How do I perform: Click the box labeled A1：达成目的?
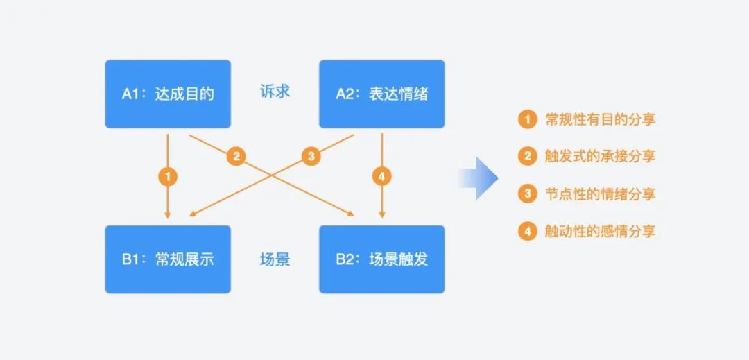(167, 94)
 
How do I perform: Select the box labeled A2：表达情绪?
(381, 94)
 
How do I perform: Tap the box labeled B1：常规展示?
(167, 259)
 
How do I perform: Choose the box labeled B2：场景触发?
(381, 259)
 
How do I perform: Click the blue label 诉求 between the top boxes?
(275, 92)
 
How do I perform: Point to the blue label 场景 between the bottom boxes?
(275, 260)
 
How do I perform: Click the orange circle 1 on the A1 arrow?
(167, 176)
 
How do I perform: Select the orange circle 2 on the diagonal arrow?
(236, 156)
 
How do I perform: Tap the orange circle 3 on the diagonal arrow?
(311, 156)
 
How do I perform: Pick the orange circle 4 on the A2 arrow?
(381, 176)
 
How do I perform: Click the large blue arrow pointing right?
(478, 178)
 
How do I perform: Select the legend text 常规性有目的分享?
(600, 119)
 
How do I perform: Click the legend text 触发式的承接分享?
(600, 156)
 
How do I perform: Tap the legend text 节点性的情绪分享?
(600, 194)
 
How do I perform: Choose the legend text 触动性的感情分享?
(600, 231)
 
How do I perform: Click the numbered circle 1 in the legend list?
(528, 119)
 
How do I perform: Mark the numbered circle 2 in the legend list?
(528, 156)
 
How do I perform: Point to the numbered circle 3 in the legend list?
(528, 194)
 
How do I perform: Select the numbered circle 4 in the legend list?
(528, 231)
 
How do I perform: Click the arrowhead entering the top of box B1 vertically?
(167, 214)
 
